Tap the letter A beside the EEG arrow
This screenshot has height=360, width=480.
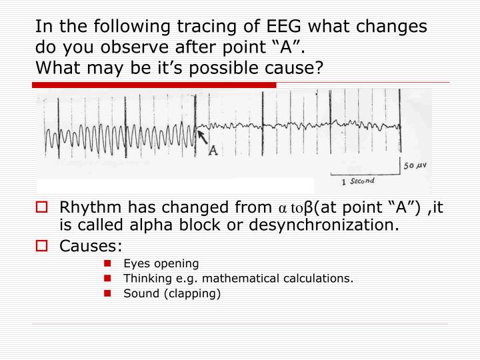[213, 150]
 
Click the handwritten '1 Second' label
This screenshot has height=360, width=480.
[358, 181]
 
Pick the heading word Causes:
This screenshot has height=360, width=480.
[91, 246]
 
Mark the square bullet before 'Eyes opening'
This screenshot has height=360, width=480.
[107, 263]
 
